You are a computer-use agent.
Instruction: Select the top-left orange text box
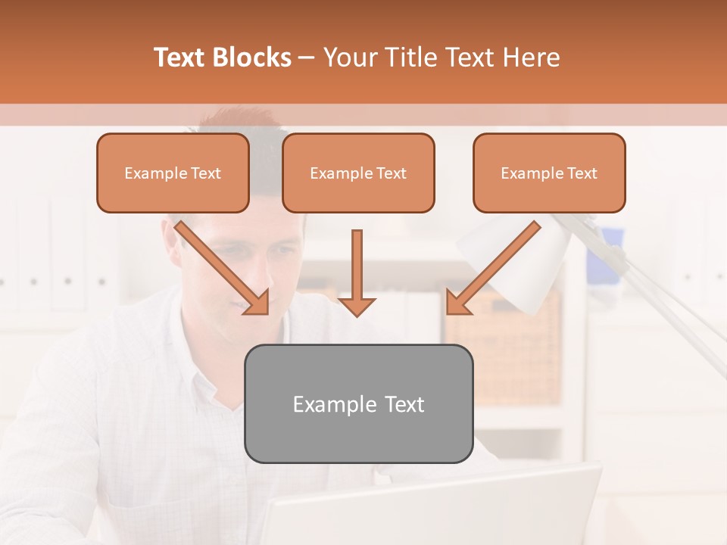click(x=173, y=173)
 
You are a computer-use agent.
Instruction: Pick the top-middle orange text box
click(x=358, y=173)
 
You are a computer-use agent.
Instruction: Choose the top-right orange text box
click(x=549, y=173)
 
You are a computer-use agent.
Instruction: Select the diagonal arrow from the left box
click(x=220, y=267)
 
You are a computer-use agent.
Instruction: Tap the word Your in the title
click(x=347, y=58)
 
